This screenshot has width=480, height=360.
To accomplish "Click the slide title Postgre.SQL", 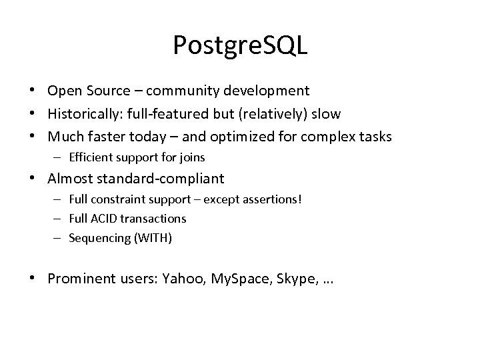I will click(x=239, y=45).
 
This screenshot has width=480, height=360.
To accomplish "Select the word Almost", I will click(x=69, y=178).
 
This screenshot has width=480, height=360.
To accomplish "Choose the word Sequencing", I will click(x=95, y=237).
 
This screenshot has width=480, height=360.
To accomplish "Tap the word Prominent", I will click(x=77, y=278).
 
